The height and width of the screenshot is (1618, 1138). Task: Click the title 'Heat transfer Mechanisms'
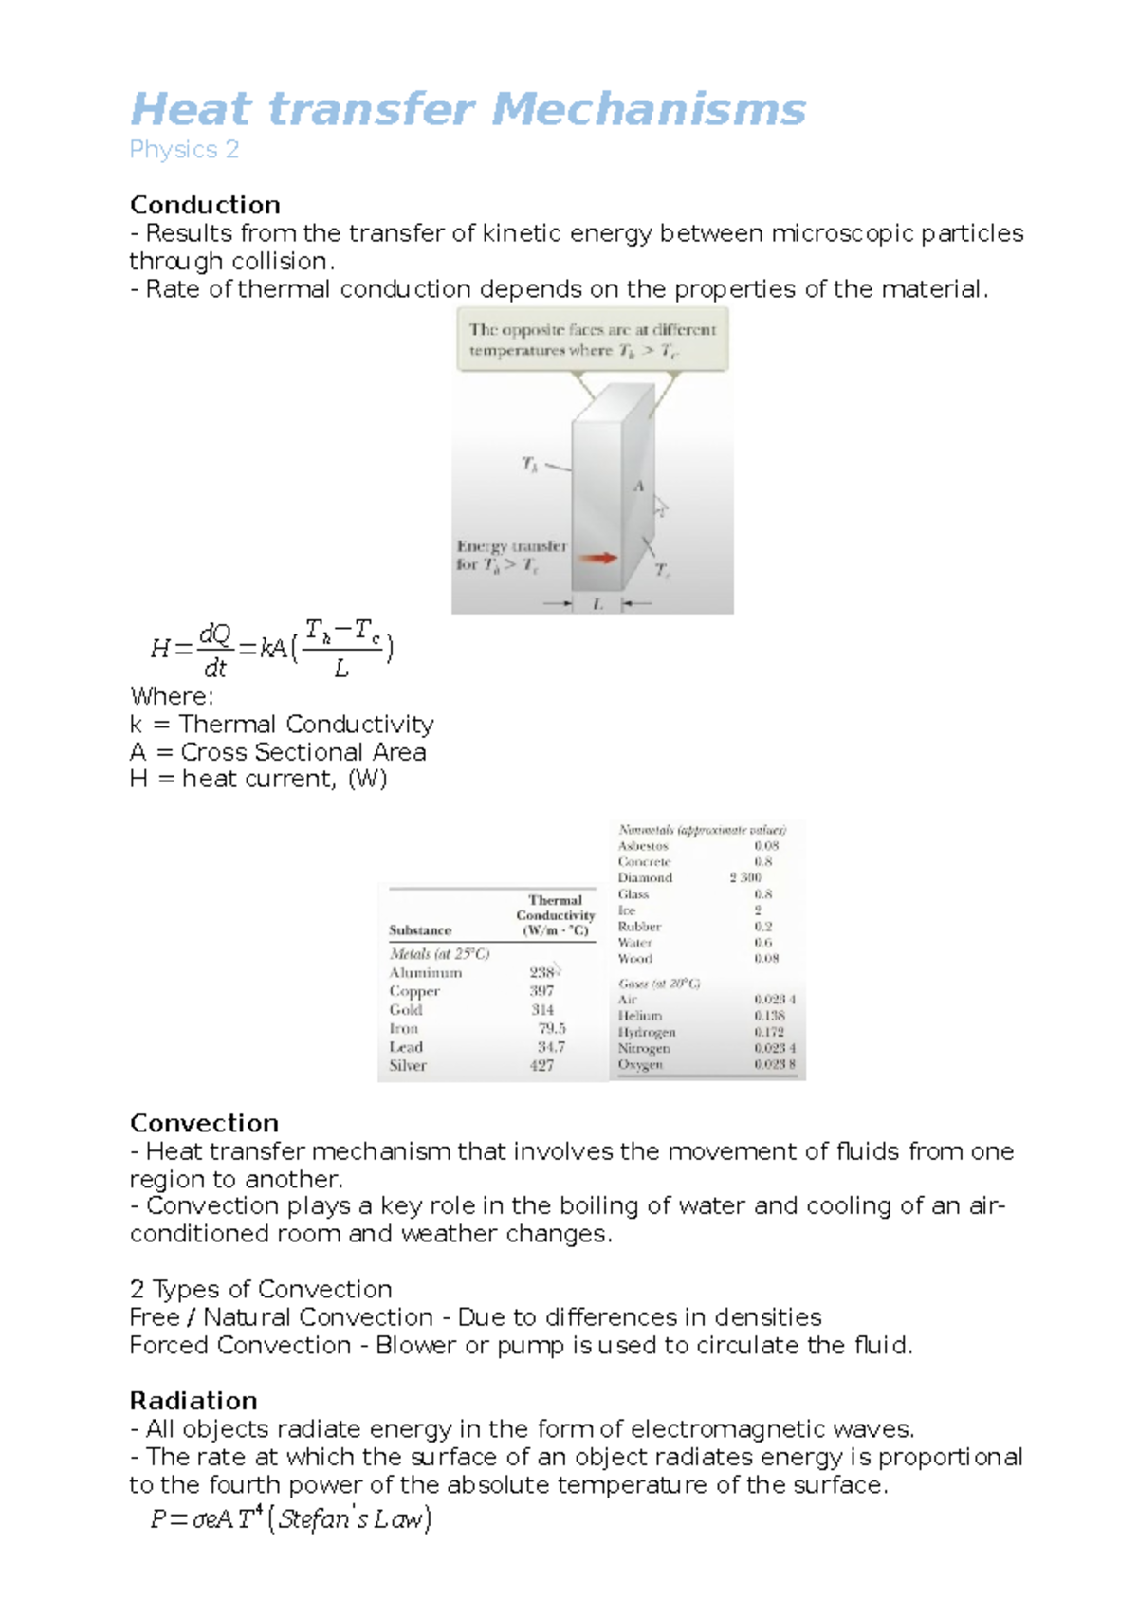[x=468, y=109]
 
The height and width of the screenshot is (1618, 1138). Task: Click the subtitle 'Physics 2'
[x=184, y=150]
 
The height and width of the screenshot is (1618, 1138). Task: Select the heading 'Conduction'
[x=205, y=205]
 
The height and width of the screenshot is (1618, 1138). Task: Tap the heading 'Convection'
[x=204, y=1123]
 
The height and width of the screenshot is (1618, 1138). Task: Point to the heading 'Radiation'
[x=193, y=1401]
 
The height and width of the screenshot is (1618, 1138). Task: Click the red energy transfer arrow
[x=597, y=558]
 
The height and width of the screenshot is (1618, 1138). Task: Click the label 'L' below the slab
[x=597, y=603]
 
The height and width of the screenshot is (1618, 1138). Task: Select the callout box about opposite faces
[x=593, y=339]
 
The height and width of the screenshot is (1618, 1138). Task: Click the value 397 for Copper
[x=541, y=990]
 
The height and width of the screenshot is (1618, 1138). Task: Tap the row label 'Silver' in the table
[x=408, y=1065]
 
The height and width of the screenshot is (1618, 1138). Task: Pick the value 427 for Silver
[x=541, y=1065]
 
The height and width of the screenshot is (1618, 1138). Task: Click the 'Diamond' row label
[x=645, y=877]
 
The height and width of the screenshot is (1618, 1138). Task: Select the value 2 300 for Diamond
[x=745, y=877]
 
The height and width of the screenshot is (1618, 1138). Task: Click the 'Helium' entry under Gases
[x=640, y=1015]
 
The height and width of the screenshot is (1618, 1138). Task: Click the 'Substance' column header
[x=420, y=930]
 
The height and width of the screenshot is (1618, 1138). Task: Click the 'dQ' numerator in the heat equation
[x=215, y=634]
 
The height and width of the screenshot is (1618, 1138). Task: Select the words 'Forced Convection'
[x=240, y=1345]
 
